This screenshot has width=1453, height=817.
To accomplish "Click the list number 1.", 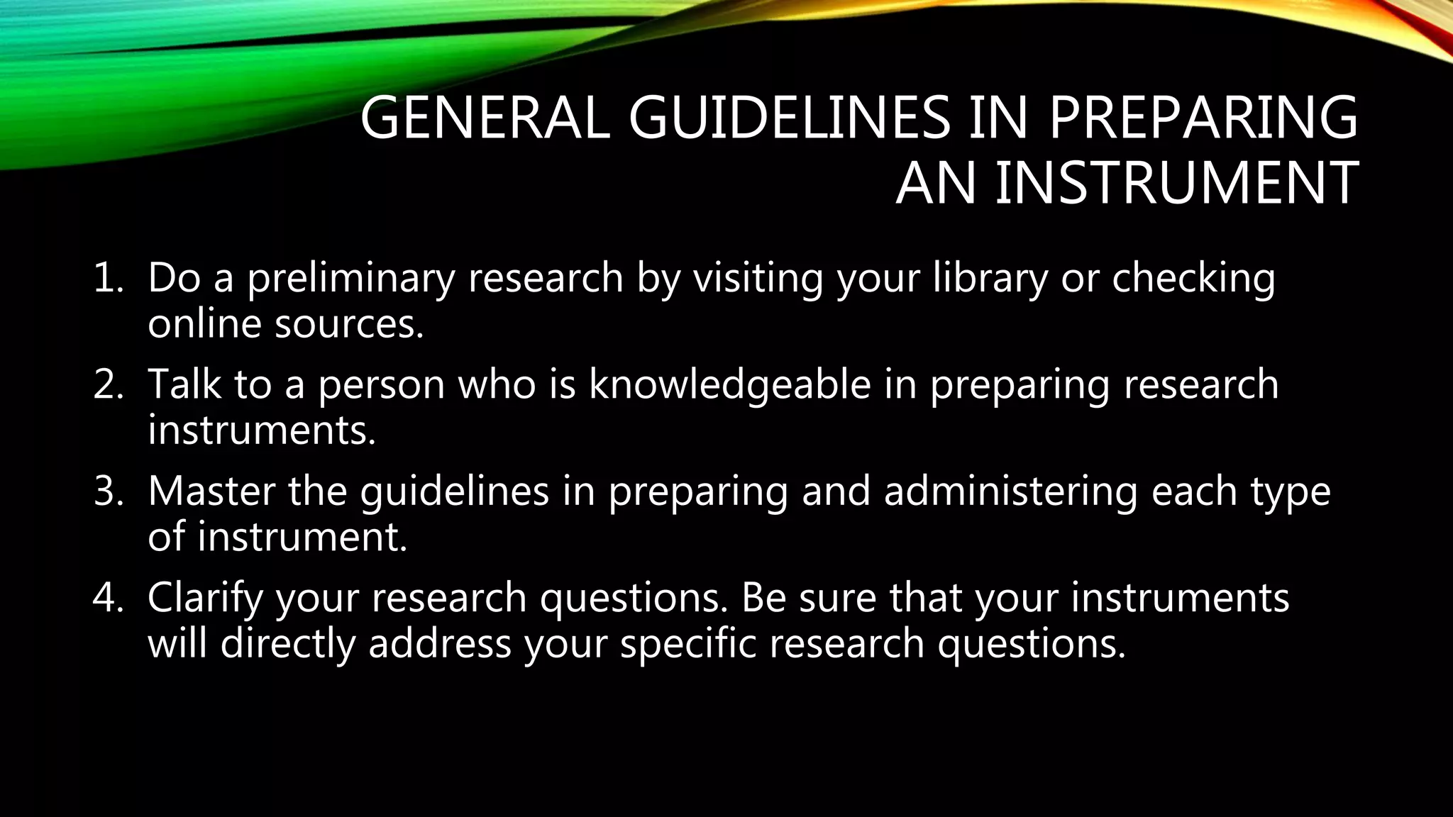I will [109, 277].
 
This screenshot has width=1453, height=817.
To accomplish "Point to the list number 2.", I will [109, 384].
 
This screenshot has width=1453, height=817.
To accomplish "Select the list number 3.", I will [109, 491].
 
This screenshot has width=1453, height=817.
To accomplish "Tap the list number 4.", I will [109, 598].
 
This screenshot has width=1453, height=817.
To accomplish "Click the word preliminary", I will [350, 277].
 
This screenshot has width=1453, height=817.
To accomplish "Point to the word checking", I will [1193, 277].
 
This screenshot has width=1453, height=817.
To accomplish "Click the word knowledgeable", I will [729, 384].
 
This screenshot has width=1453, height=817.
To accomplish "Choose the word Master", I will [211, 491].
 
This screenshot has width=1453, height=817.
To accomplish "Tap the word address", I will [440, 644].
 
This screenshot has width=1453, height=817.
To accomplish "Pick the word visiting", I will [758, 277].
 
